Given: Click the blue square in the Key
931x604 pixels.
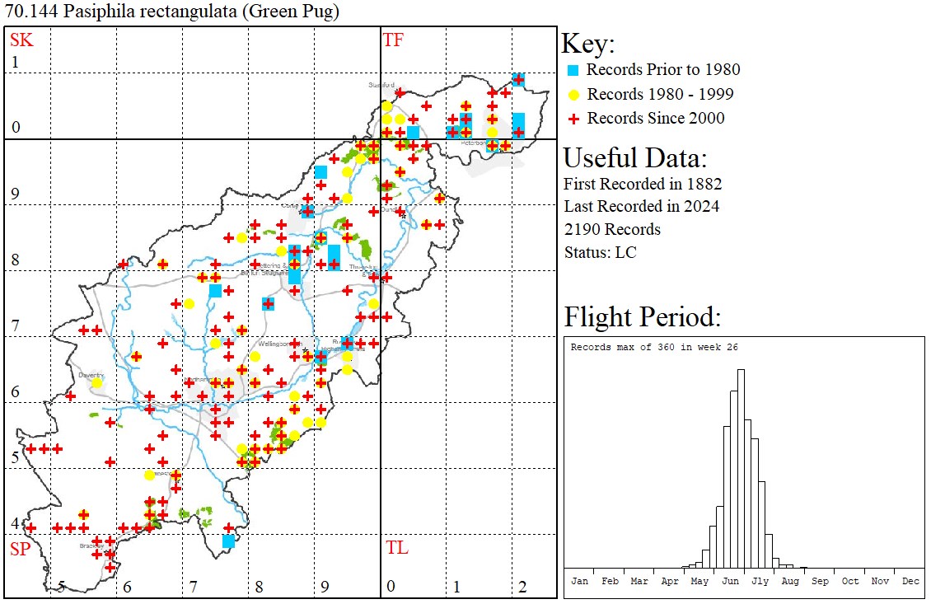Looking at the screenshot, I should [x=574, y=70].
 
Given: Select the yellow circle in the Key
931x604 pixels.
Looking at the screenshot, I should [x=574, y=94].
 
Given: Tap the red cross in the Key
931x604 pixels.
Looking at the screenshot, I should [x=574, y=119].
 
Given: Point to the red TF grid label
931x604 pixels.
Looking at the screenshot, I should [x=394, y=40].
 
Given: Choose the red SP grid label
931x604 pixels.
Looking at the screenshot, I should [x=21, y=549].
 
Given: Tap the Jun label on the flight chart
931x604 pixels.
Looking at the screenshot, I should [x=730, y=581].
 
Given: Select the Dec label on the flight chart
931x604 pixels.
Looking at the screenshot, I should [x=910, y=581].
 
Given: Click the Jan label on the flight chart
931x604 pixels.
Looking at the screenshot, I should [x=580, y=581].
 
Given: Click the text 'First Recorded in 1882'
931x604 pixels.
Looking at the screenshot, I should [x=643, y=183].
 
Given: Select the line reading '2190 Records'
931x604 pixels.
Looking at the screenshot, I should [x=612, y=229].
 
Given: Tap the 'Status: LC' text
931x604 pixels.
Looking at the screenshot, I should [x=600, y=252].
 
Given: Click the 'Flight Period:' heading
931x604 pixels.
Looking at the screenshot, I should [x=643, y=316].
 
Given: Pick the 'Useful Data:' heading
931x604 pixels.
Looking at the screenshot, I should [x=635, y=157].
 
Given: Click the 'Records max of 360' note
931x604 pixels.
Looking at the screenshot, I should [x=654, y=347].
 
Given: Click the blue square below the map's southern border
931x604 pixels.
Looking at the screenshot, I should [x=229, y=541].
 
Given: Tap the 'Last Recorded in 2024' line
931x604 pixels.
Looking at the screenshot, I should [x=641, y=206].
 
